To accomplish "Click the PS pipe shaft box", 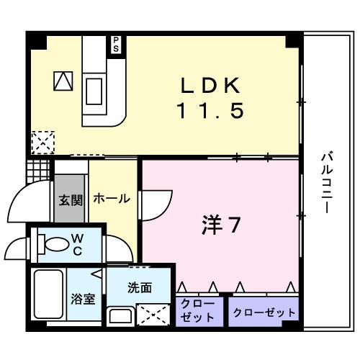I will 114,44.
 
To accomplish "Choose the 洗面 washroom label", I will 140,287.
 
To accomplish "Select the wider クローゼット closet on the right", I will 264,312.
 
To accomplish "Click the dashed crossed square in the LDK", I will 42,141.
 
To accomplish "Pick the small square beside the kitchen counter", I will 63,81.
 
